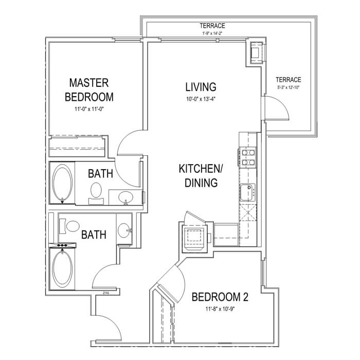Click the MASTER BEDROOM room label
point(89,90)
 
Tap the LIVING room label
point(201,87)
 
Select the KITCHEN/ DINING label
point(201,176)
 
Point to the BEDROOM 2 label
point(220,297)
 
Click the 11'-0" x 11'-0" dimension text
point(89,109)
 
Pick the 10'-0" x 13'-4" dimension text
point(201,99)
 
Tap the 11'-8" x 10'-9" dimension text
point(220,309)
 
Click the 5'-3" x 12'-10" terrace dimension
point(289,87)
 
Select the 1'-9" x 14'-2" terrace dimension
point(212,33)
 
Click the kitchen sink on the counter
point(248,192)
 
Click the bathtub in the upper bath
point(62,183)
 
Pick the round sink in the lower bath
point(124,230)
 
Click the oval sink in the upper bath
point(125,197)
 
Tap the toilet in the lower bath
point(69,226)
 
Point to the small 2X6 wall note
point(105,293)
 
